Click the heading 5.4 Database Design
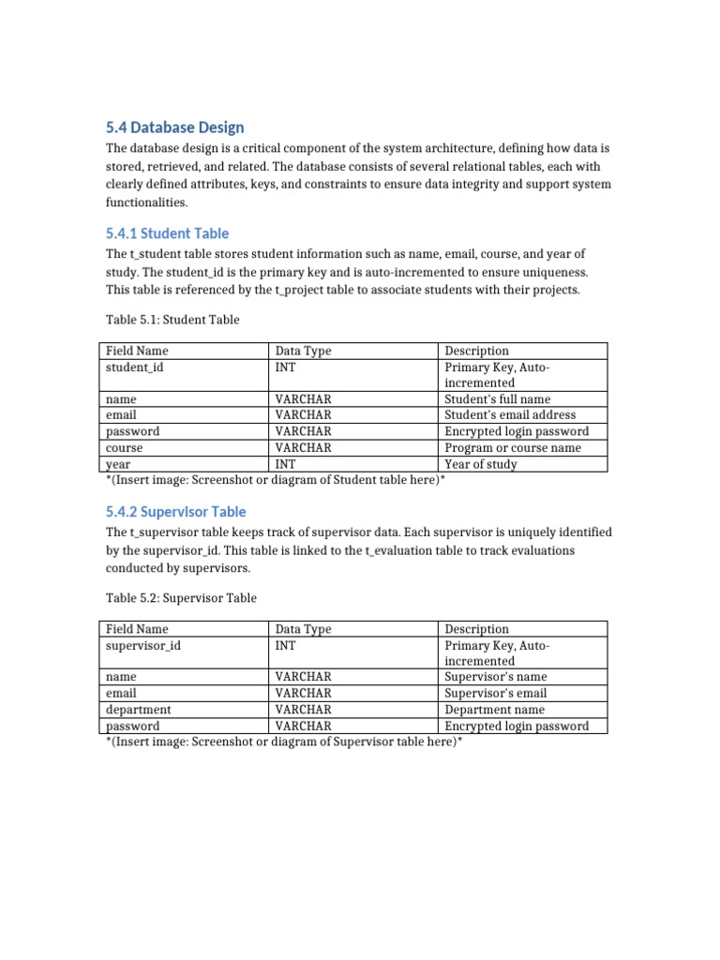point(174,127)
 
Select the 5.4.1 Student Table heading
point(167,233)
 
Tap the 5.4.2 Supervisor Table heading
point(176,512)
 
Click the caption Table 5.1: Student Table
point(172,320)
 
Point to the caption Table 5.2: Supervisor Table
point(181,597)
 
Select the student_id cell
point(134,367)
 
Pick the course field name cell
point(125,448)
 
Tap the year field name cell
point(118,464)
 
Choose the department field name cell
point(139,710)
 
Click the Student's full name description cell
point(497,399)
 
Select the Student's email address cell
point(510,415)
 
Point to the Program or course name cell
point(513,448)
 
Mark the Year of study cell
point(480,464)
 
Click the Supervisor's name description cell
point(496,677)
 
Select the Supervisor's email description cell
point(496,694)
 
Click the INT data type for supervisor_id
point(285,646)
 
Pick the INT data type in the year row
point(285,464)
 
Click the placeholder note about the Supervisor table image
point(285,742)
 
